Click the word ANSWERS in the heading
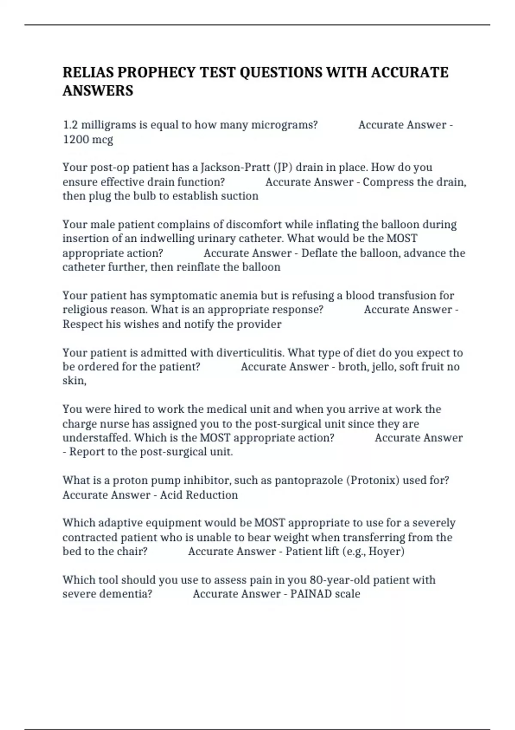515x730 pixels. pyautogui.click(x=98, y=91)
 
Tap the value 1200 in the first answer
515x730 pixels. pyautogui.click(x=76, y=140)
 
